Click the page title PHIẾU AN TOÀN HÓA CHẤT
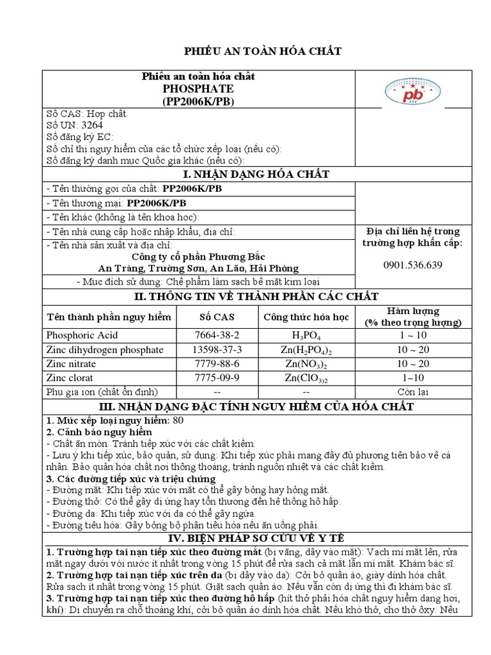click(x=263, y=52)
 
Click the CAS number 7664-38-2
click(x=217, y=335)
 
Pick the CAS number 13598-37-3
click(x=217, y=350)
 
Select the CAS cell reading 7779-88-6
click(x=217, y=364)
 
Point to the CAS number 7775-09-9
click(x=217, y=378)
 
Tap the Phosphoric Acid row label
click(x=82, y=335)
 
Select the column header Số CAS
click(x=217, y=317)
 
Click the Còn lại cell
click(x=412, y=392)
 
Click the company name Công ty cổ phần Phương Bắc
click(x=198, y=256)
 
